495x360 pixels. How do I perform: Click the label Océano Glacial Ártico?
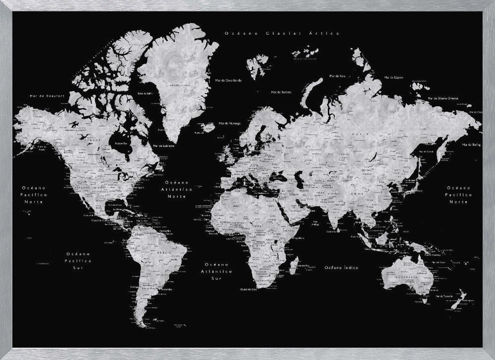pos(282,33)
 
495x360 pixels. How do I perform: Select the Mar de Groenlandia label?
pos(228,80)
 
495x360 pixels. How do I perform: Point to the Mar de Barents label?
pos(281,92)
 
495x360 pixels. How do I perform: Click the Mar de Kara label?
pos(337,76)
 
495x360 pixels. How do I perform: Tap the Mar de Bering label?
pos(471,145)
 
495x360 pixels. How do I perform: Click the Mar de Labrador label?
pos(165,146)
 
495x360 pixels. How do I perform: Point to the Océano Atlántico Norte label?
pos(180,189)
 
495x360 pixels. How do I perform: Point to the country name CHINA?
pos(355,194)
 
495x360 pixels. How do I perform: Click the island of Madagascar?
pos(293,266)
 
